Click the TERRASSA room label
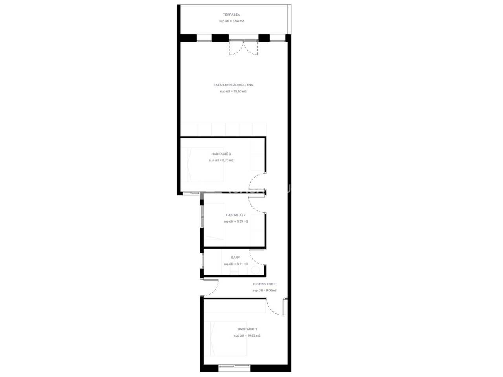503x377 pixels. point(231,15)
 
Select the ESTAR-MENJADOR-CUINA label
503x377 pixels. point(233,85)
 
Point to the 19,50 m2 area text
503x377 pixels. point(240,92)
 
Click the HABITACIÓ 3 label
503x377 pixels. point(221,154)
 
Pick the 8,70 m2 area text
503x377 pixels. point(228,161)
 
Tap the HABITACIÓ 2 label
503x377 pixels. point(235,215)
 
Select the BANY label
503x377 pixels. point(235,258)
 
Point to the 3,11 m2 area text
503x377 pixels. point(242,264)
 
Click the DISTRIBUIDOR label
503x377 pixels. point(264,284)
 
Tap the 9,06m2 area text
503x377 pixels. point(271,291)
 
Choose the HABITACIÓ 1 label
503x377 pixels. point(247,329)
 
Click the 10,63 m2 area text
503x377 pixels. point(254,335)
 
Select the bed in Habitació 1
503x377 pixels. point(226,339)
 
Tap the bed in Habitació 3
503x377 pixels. point(202,165)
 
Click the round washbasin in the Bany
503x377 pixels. point(255,270)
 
